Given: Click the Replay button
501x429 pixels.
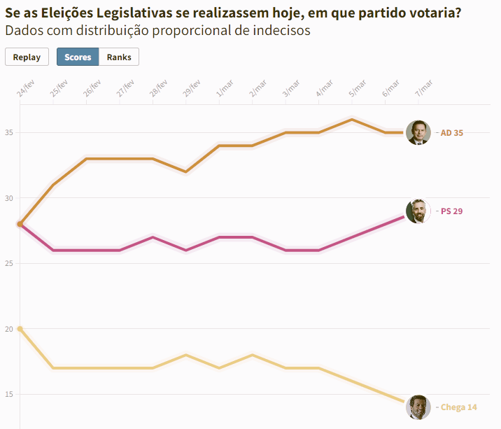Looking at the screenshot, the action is point(27,57).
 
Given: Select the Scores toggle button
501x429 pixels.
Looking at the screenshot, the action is point(78,57).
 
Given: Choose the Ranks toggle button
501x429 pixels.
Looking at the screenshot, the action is point(119,57).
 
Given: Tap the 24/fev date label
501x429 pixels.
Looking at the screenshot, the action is point(26,89).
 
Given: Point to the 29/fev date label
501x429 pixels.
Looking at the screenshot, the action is point(192,89).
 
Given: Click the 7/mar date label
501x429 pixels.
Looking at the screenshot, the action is point(423,89).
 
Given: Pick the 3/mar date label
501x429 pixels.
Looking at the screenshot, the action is point(291,89).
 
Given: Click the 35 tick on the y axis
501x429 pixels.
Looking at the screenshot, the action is point(9,132).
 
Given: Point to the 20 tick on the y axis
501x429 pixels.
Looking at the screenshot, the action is point(9,329).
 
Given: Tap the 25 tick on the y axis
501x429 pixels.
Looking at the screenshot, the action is point(9,263).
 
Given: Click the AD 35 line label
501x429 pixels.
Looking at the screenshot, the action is point(452,133).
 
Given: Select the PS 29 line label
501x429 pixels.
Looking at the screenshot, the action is point(452,211).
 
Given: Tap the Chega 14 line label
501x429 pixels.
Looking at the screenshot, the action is point(459,407).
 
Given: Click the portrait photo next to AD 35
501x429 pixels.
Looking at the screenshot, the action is point(418,133).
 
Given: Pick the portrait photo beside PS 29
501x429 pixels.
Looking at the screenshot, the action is point(418,211).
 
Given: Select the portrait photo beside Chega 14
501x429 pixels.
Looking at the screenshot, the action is point(418,407).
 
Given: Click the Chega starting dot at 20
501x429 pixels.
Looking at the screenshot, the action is point(20,329).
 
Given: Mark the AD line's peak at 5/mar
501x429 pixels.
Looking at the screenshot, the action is point(352,120).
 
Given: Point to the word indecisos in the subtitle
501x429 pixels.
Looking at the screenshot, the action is point(281,31).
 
